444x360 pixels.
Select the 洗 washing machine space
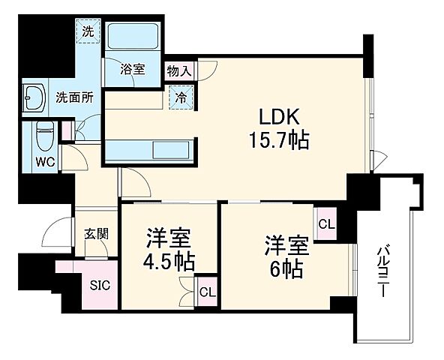(88, 32)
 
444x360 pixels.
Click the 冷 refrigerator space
(181, 96)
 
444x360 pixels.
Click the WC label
(43, 160)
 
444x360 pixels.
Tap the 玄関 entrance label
(96, 233)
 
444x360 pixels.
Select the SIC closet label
(100, 285)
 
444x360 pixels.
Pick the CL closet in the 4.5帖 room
(205, 290)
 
